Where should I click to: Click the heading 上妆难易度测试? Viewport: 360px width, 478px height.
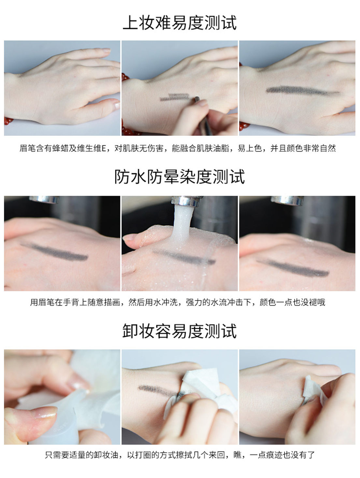pos(180,23)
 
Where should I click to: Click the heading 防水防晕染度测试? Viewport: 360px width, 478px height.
pos(180,177)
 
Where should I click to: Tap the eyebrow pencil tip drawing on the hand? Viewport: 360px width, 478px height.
pos(197,99)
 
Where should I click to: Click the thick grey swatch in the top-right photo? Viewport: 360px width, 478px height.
pos(303,91)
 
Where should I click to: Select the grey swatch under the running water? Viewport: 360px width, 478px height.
pos(184,257)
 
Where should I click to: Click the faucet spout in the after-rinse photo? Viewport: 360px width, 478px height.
pos(287,200)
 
